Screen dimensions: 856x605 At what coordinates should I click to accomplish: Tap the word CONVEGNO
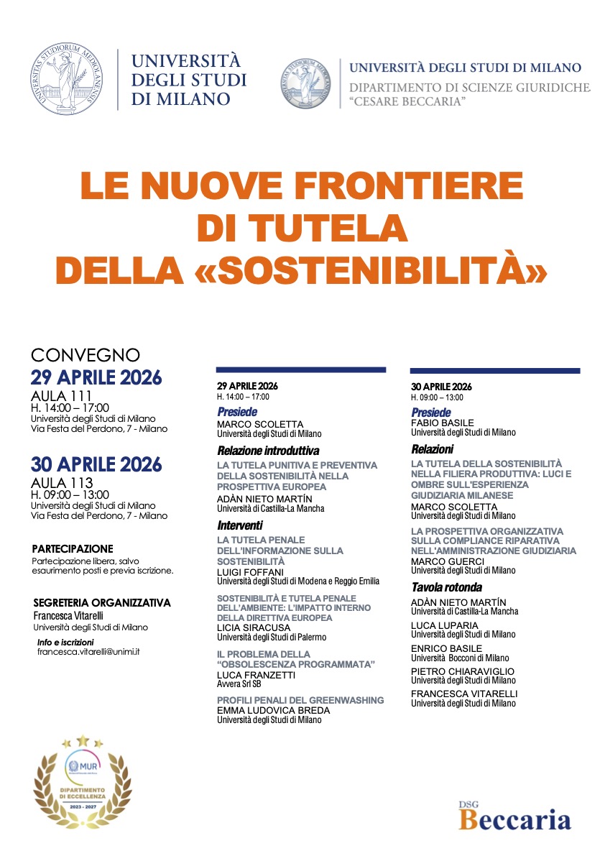pos(85,356)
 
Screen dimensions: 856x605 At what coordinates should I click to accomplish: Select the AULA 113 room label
pos(61,483)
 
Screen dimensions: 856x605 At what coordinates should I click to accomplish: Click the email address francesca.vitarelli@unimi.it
pos(88,651)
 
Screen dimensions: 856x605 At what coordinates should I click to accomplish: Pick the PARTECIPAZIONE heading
pos(73,548)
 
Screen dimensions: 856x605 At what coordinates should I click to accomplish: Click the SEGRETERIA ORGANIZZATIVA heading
pos(102,603)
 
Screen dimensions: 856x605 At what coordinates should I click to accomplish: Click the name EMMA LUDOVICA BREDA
pos(273,711)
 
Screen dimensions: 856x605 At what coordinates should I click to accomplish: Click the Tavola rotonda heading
pos(446,587)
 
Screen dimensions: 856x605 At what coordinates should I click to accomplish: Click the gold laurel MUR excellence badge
pos(83,782)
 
